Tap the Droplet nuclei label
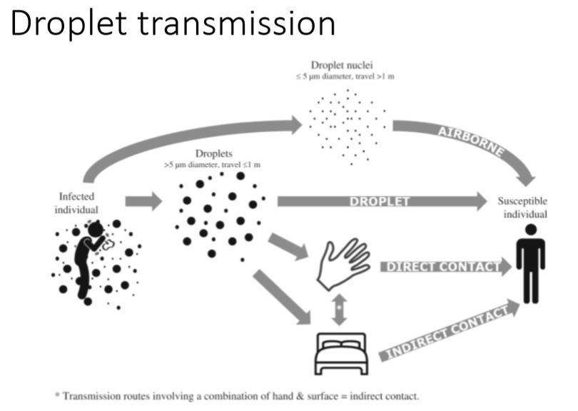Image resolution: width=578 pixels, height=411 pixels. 347,66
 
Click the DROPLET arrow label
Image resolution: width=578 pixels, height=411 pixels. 380,201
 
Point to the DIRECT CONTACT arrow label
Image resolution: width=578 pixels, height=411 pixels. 442,267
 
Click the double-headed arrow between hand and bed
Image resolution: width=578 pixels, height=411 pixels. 340,308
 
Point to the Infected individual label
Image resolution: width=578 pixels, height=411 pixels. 78,202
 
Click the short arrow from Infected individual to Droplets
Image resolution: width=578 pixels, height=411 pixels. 144,201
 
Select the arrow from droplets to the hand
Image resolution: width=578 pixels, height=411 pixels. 288,246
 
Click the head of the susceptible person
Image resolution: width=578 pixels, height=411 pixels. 529,230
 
